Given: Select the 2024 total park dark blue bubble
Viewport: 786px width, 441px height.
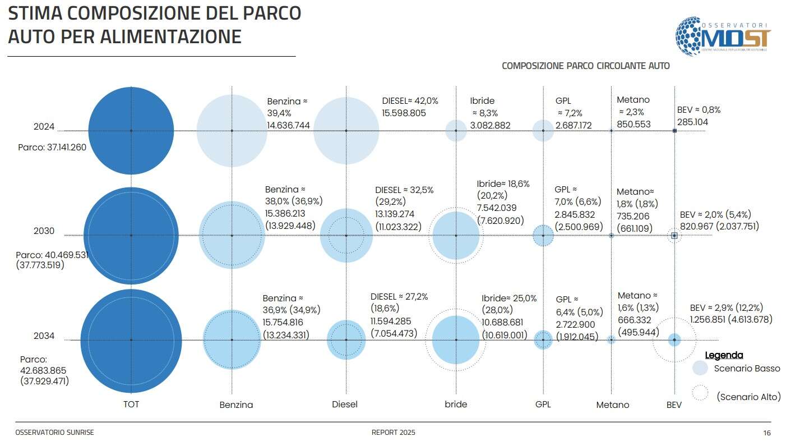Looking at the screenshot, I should click(x=131, y=130).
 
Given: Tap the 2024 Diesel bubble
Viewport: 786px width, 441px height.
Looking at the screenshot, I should click(x=346, y=131).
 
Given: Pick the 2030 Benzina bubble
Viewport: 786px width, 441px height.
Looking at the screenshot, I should click(x=232, y=235).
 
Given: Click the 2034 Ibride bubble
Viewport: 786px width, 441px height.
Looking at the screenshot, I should click(x=456, y=339).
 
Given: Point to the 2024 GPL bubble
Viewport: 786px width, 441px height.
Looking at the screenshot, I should click(x=543, y=130).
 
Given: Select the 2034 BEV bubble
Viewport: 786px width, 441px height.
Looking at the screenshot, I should click(x=674, y=339).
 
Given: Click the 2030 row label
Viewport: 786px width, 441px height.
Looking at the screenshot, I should click(x=44, y=231).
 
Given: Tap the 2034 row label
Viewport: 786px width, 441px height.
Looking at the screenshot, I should click(x=44, y=336).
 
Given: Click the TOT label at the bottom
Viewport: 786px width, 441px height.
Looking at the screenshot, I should click(x=131, y=404).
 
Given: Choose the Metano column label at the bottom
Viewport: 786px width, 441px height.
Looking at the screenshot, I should click(x=612, y=405).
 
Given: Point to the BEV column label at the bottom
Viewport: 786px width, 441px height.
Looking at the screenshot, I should click(x=674, y=404).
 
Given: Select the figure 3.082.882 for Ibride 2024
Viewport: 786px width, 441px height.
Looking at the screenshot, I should click(x=490, y=125).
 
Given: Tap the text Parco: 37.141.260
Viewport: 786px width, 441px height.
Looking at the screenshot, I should click(x=52, y=148).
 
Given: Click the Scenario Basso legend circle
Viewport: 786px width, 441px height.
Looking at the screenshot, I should click(x=700, y=368).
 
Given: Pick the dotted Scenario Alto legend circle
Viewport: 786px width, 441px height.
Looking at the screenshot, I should click(x=700, y=393).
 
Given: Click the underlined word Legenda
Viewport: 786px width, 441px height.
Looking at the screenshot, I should click(x=724, y=355).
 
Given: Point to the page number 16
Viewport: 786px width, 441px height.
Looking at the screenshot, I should click(x=767, y=433).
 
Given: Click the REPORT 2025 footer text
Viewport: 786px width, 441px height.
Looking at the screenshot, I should click(x=393, y=433).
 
